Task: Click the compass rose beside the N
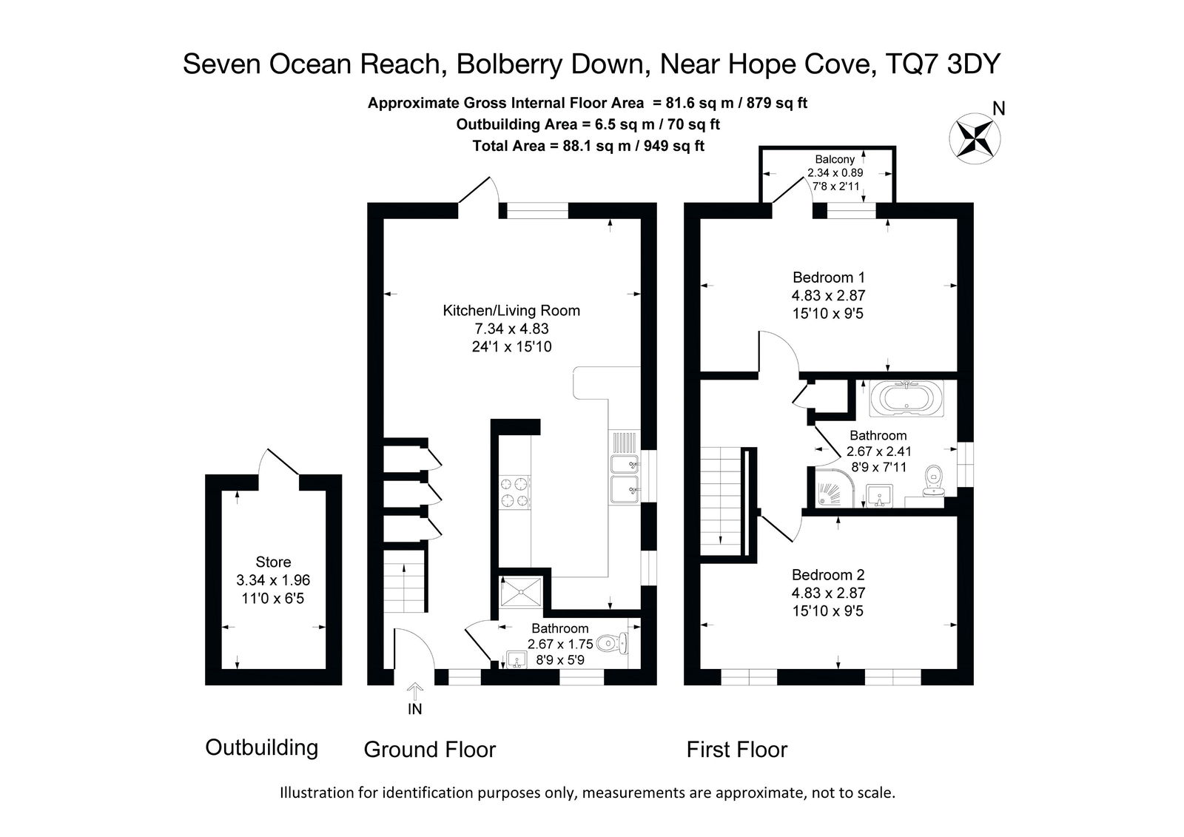[x=975, y=138]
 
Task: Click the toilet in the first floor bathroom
[x=935, y=480]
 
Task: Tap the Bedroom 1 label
[x=828, y=277]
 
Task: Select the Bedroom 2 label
[x=828, y=575]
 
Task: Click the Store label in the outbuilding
[x=273, y=562]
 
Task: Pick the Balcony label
[x=835, y=159]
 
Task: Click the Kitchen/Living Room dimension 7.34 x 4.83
[x=511, y=329]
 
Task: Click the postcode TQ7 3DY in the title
[x=943, y=64]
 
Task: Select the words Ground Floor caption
[x=430, y=749]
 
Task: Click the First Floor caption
[x=737, y=749]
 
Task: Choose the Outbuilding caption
[x=262, y=747]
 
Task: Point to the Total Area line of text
[x=588, y=146]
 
